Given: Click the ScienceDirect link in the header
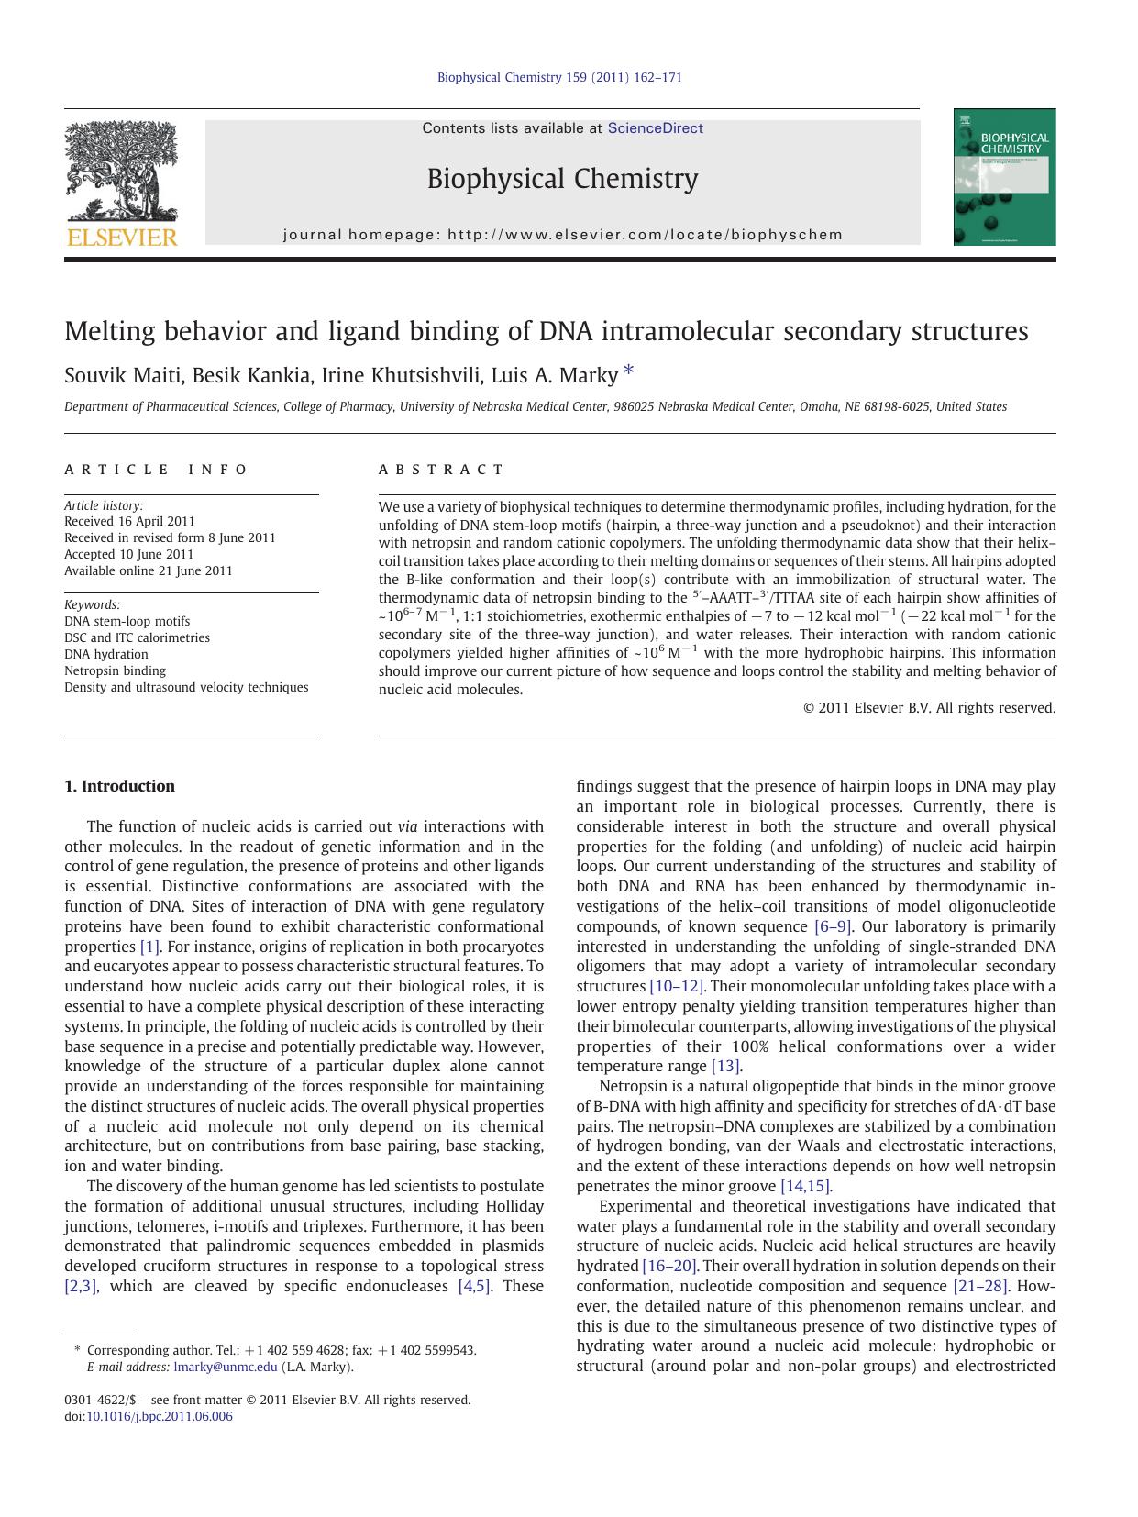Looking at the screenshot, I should pos(655,128).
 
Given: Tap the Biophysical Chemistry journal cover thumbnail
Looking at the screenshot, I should pos(1004,177).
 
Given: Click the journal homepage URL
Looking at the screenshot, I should pos(645,235).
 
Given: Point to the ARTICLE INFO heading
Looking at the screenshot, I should pos(156,470).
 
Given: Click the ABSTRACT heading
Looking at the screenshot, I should pos(441,470).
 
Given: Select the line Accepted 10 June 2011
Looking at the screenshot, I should pos(128,554).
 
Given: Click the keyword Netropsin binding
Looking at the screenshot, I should pos(115,670).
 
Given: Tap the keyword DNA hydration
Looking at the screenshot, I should pos(105,654).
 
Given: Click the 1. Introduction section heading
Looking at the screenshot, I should pos(119,786).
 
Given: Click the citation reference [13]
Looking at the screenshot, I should pos(725,1066).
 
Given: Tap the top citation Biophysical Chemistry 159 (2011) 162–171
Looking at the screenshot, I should pos(559,77).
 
